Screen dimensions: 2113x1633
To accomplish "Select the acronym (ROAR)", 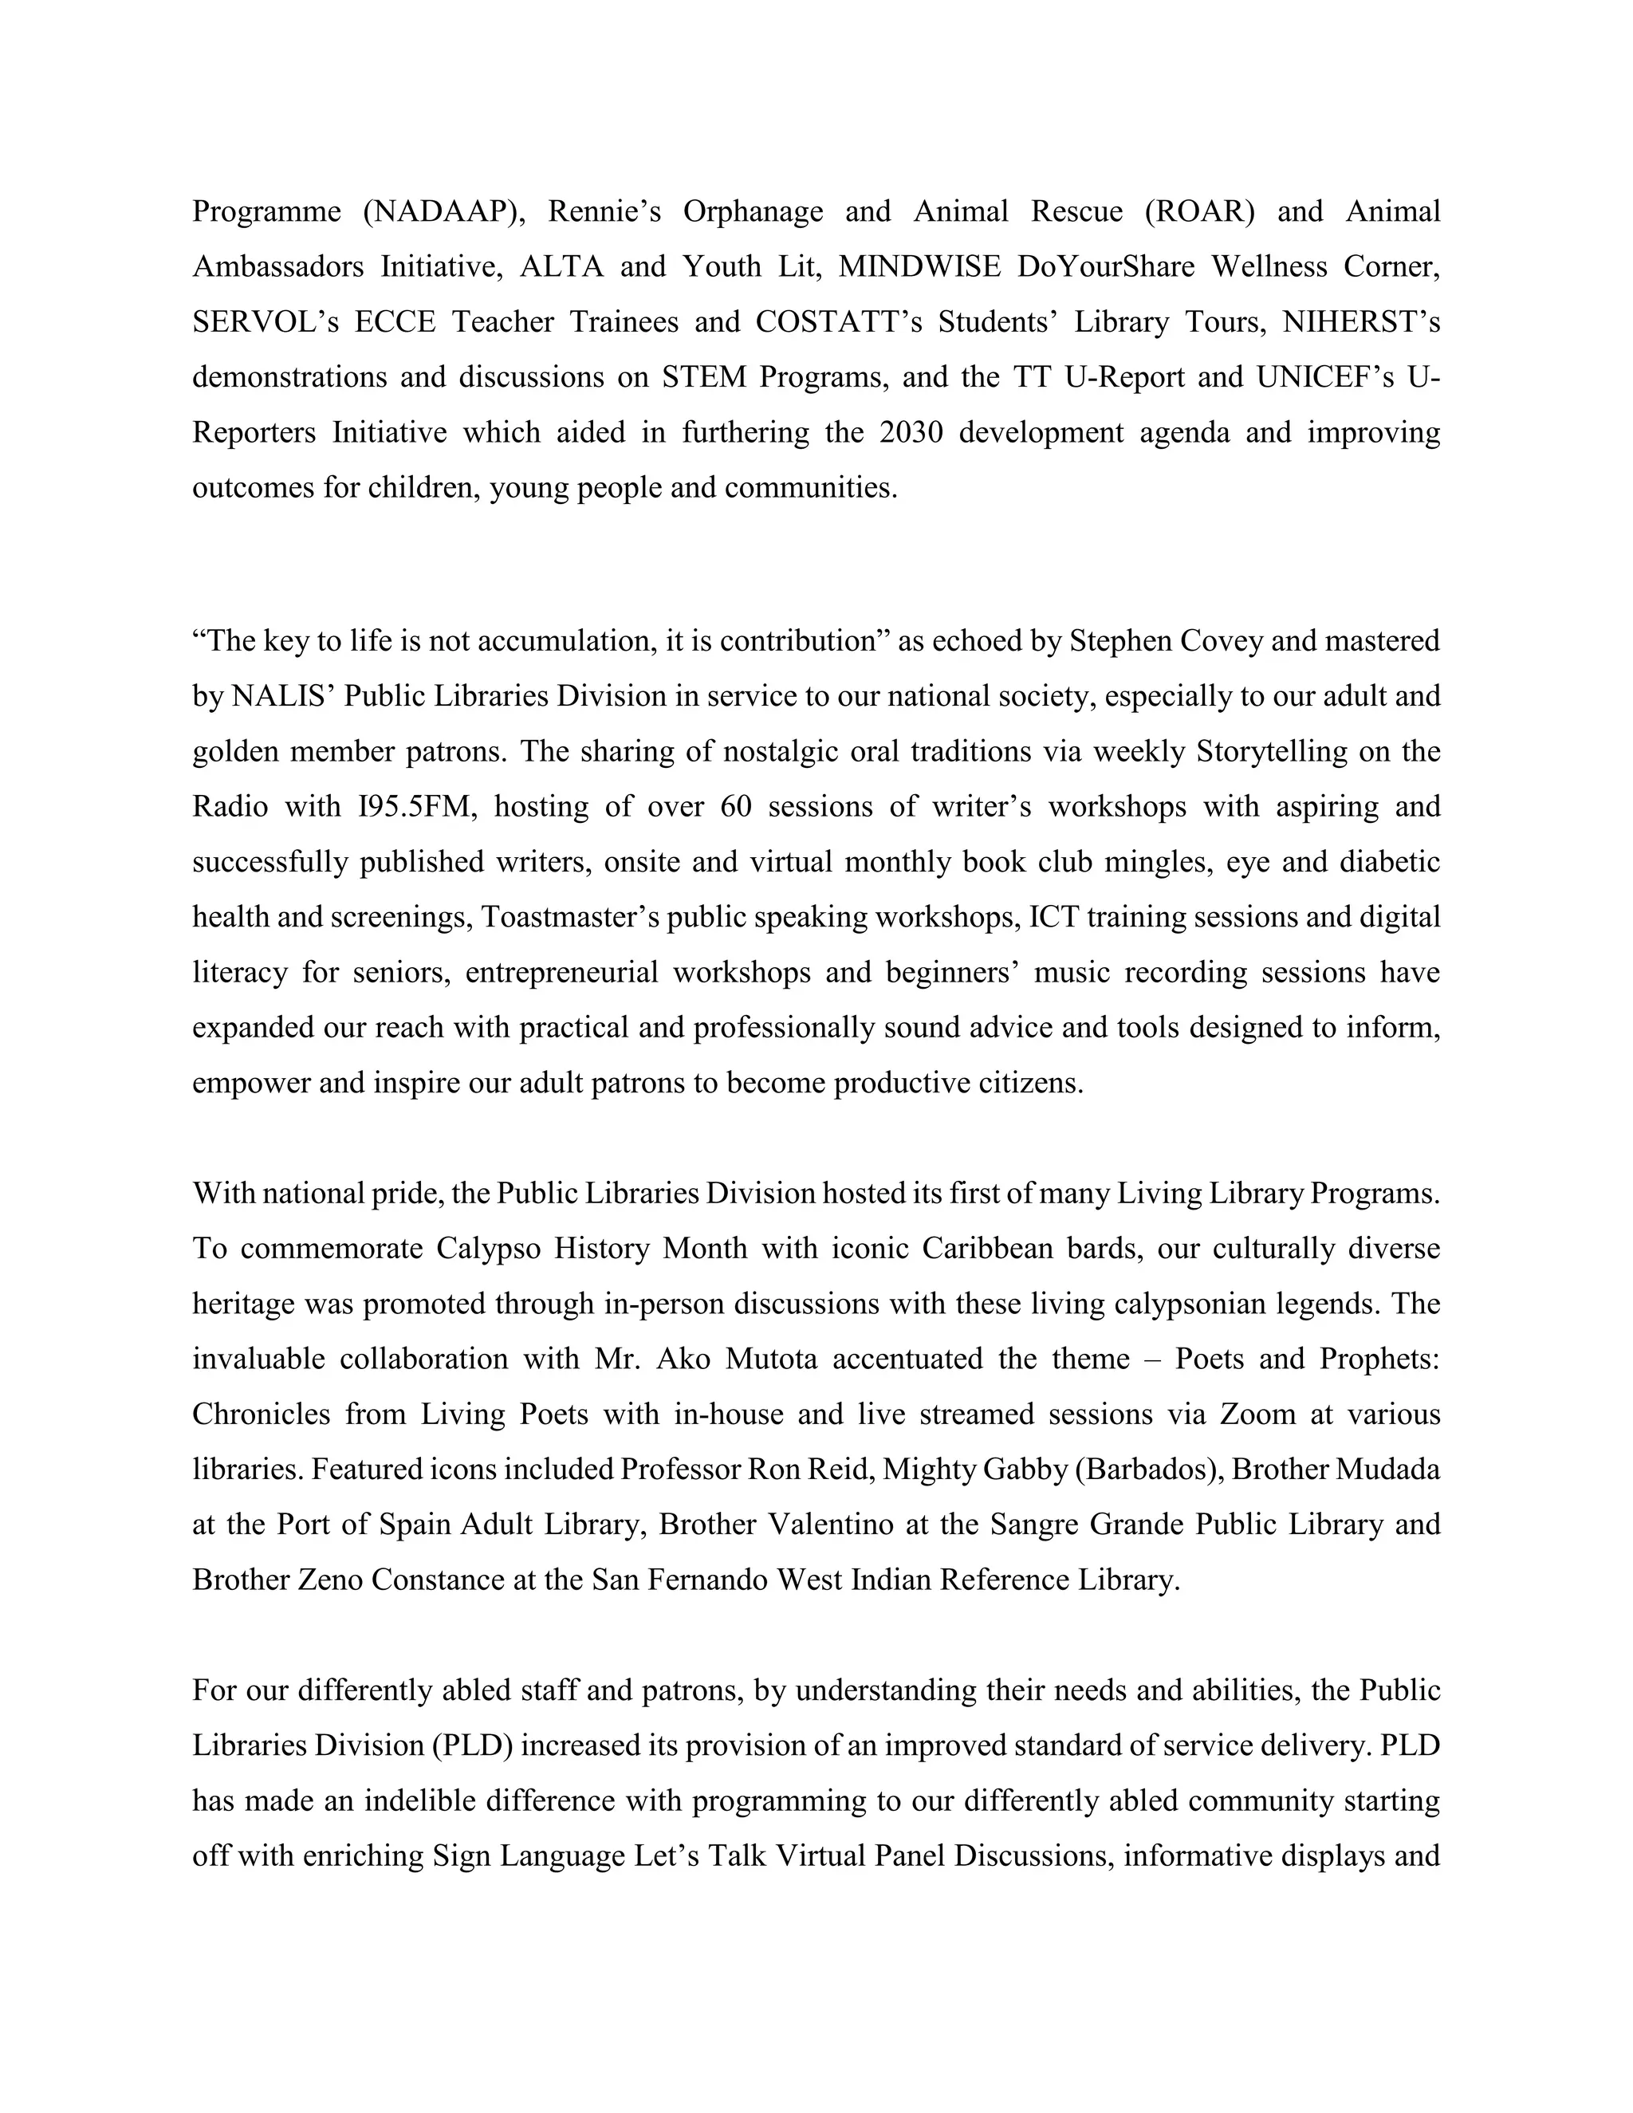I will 1198,211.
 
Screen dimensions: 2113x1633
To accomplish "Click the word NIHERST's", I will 1361,321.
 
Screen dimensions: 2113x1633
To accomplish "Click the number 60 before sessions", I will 735,806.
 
